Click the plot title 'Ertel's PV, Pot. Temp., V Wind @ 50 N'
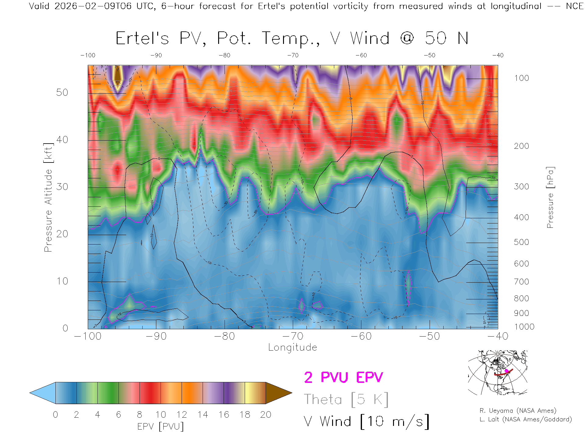coord(292,39)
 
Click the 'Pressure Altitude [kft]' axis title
coord(48,198)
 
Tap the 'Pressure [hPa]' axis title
coord(550,198)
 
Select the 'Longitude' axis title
coord(292,348)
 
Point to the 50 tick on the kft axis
coord(62,93)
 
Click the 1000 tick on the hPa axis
coord(524,327)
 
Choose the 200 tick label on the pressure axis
coord(521,146)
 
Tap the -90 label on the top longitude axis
coord(156,55)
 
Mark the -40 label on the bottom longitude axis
coord(498,336)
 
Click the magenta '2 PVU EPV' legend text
coord(343,377)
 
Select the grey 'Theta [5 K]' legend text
coord(346,400)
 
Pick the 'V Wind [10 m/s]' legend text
coord(366,422)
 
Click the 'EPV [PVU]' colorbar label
coord(161,427)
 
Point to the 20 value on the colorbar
coord(266,415)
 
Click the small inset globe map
coord(498,373)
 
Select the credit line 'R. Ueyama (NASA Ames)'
coord(518,411)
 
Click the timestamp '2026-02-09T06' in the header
coord(93,6)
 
